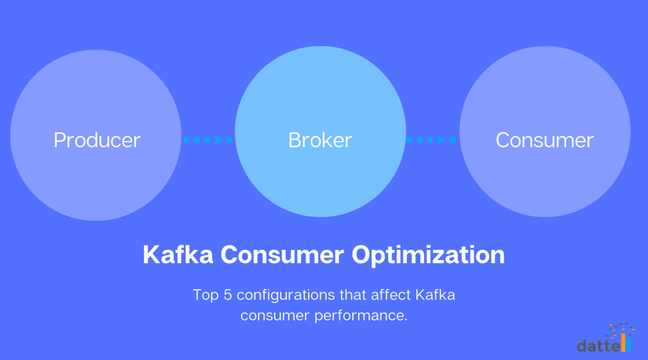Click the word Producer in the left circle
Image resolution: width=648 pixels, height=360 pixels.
tap(97, 140)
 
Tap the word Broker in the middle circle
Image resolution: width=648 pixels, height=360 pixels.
tap(320, 140)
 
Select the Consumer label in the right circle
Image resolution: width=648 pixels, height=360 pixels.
tap(545, 140)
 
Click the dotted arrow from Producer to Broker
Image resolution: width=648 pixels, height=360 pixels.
tap(208, 140)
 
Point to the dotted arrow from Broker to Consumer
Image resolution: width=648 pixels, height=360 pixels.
tap(432, 140)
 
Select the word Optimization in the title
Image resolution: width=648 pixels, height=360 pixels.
tap(428, 255)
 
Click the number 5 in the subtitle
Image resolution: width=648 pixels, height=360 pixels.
tap(222, 295)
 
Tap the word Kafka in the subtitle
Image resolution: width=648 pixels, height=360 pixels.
tap(436, 295)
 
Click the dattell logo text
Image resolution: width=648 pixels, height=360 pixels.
tap(598, 345)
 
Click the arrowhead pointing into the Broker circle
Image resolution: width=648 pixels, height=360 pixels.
tap(228, 140)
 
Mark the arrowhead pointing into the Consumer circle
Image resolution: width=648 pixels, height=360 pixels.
tap(452, 140)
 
